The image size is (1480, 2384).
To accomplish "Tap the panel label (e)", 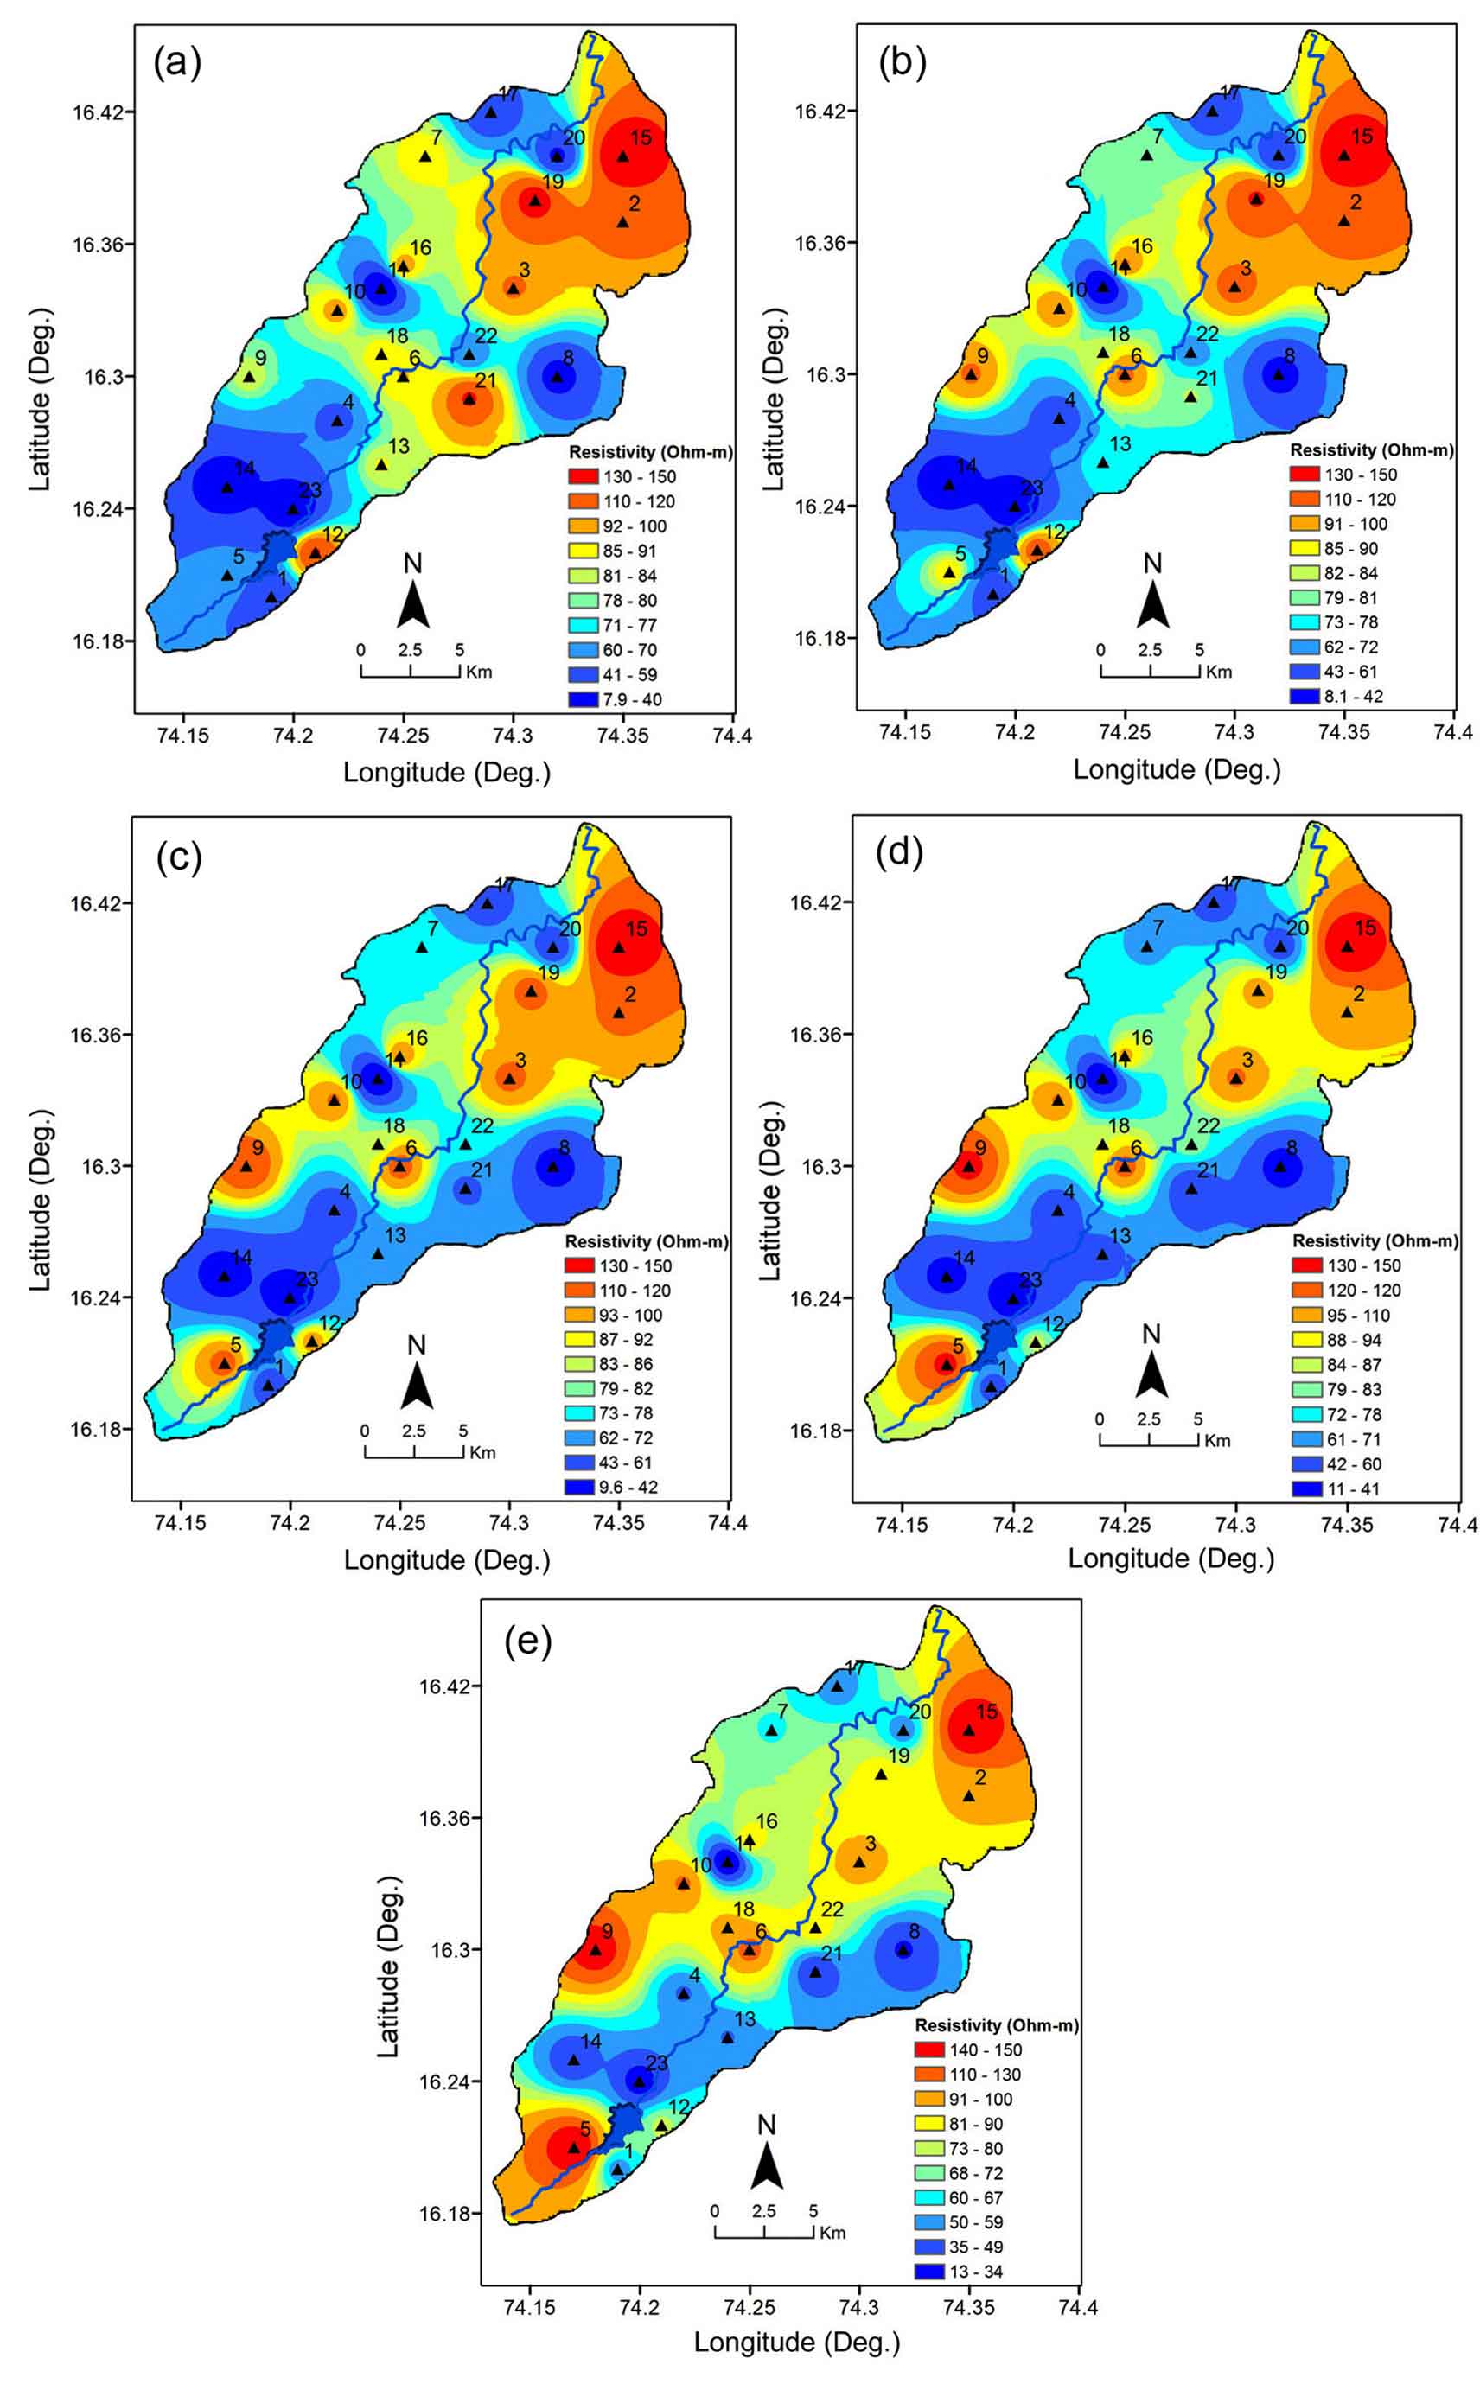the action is coord(527,1641).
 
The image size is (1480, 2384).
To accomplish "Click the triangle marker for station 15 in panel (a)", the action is coord(622,156).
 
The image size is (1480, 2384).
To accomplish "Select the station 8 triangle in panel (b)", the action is coord(1278,373).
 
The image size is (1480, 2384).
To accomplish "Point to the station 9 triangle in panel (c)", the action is coord(246,1167).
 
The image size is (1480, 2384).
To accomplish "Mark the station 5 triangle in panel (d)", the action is coord(947,1363).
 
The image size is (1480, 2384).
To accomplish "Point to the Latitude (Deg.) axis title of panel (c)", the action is coord(40,1200).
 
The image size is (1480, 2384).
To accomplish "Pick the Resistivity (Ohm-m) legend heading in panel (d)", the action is coord(1375,1241).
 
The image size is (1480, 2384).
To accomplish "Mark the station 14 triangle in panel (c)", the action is coord(224,1275).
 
